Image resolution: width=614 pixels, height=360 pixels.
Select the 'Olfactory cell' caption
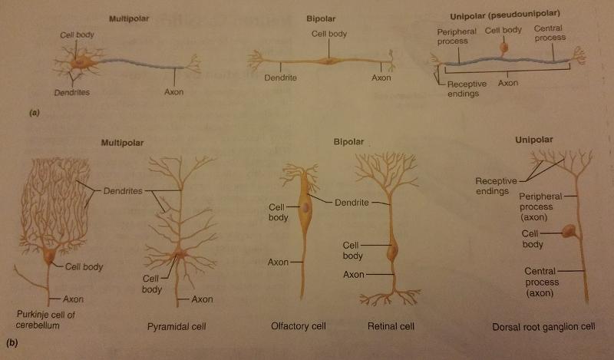pyautogui.click(x=299, y=326)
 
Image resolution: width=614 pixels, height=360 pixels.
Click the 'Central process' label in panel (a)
pyautogui.click(x=551, y=33)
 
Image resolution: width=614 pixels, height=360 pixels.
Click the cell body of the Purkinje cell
pyautogui.click(x=48, y=256)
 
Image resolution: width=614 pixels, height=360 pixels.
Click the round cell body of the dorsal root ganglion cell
pyautogui.click(x=569, y=230)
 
